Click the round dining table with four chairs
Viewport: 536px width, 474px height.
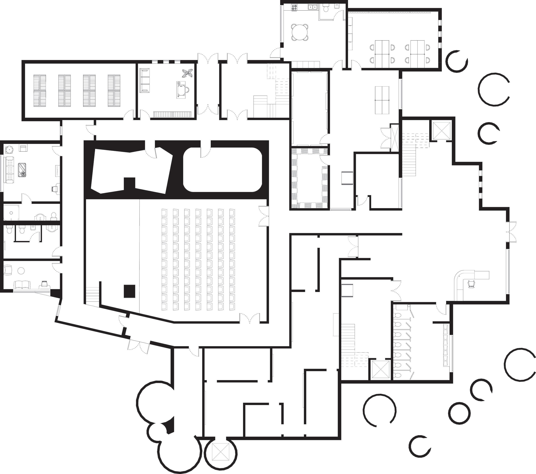(300, 32)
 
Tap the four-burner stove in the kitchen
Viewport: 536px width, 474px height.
(294, 8)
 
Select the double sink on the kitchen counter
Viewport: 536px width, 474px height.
(312, 7)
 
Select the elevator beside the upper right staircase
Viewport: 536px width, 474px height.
(442, 130)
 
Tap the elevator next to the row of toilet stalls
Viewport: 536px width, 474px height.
(381, 369)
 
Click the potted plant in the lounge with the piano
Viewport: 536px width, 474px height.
(188, 73)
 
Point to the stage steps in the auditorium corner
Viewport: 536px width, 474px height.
(92, 295)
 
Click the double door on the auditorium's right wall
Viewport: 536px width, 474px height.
(263, 216)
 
